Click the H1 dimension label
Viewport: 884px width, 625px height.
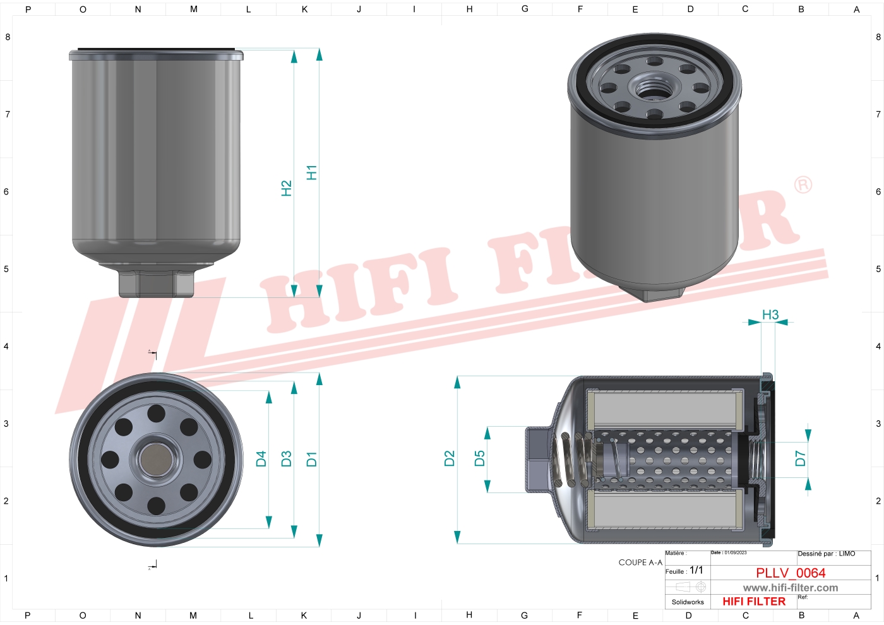311,172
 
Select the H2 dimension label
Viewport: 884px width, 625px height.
286,188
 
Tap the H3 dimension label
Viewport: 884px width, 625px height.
770,314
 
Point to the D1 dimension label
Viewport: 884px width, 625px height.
311,459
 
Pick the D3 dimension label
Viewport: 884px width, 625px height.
286,459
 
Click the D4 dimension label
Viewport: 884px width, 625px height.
261,459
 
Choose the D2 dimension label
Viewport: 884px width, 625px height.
449,458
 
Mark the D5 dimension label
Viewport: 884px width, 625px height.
479,458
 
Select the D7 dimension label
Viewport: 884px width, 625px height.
800,458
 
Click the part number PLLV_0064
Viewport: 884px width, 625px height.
791,573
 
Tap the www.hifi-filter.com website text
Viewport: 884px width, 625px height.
791,588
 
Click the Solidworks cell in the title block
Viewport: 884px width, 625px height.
688,602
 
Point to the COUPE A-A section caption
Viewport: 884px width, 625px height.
640,562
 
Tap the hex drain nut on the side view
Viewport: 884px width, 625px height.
156,284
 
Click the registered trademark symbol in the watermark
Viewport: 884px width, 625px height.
803,185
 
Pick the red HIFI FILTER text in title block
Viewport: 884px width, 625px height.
754,602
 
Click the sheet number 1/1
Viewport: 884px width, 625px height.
696,570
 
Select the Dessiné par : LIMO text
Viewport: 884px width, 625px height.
826,554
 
